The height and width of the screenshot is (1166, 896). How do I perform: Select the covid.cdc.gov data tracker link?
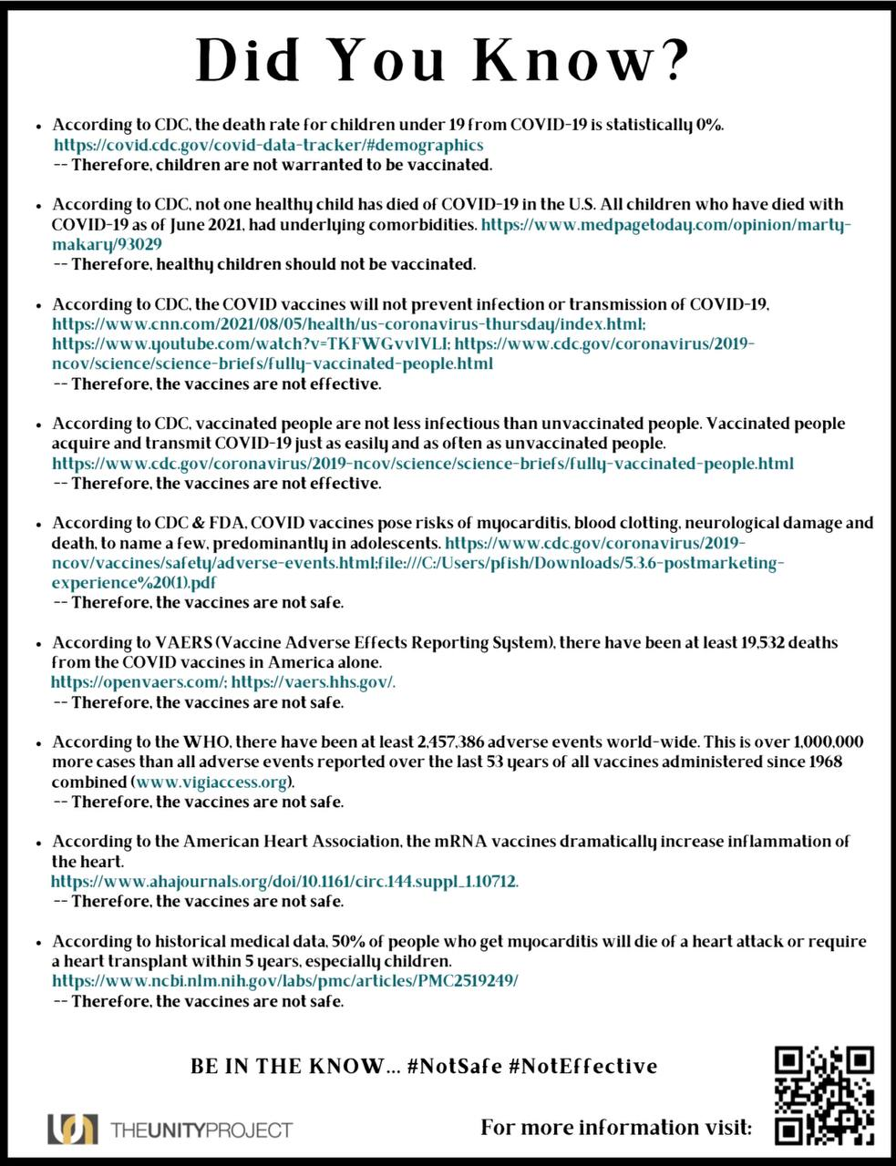[268, 145]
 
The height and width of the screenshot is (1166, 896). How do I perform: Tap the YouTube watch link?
[252, 344]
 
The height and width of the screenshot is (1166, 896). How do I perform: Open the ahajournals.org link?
[285, 882]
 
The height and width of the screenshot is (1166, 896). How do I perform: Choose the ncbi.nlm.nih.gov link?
[285, 981]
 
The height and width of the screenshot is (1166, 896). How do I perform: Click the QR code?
[825, 1096]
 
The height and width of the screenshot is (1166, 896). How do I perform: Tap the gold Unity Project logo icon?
[72, 1130]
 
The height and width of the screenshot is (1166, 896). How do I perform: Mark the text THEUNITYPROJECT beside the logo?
[201, 1130]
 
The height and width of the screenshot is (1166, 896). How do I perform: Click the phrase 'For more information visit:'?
[616, 1128]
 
